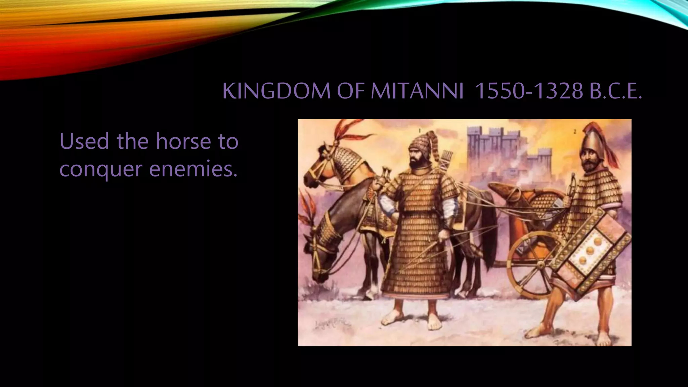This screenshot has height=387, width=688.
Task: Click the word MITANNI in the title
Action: tap(417, 91)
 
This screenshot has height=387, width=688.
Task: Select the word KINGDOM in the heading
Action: tap(276, 91)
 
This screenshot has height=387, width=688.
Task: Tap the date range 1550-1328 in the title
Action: tap(528, 91)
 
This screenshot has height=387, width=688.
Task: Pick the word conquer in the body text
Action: tap(100, 169)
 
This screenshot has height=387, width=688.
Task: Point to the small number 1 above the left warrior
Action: tap(420, 130)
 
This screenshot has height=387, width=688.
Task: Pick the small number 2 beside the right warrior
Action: tap(575, 132)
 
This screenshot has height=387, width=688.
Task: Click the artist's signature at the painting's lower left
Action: tap(333, 324)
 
